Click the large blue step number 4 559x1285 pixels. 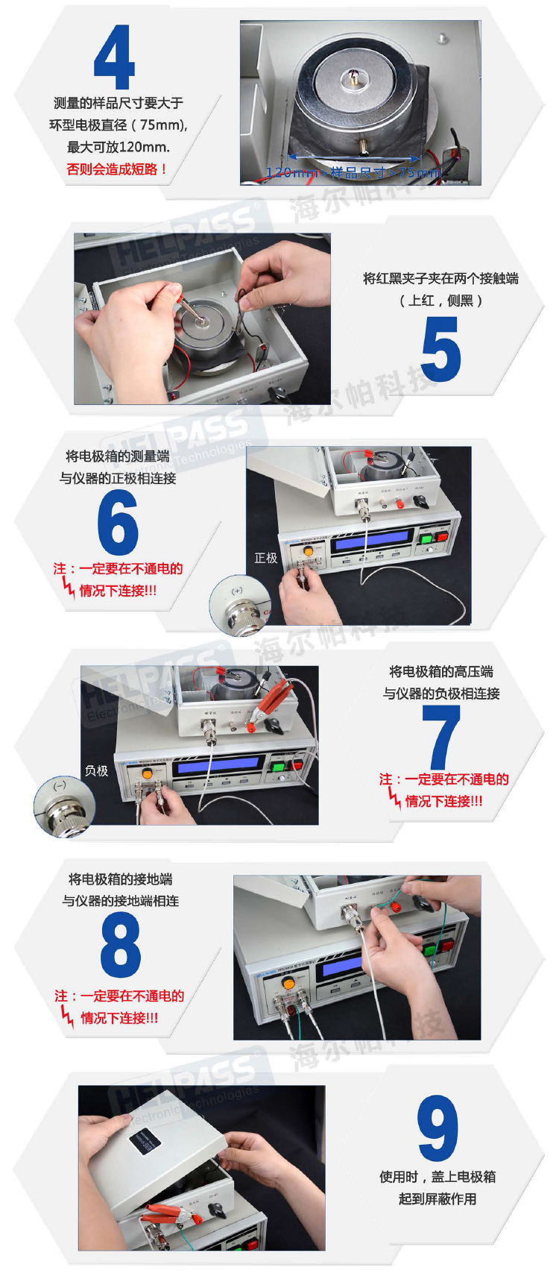pyautogui.click(x=114, y=57)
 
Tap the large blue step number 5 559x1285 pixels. pyautogui.click(x=440, y=349)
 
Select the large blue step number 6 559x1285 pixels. pyautogui.click(x=118, y=523)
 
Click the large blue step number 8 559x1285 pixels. pyautogui.click(x=120, y=945)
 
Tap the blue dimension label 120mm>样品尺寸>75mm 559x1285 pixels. pyautogui.click(x=353, y=173)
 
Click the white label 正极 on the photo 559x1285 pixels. pyautogui.click(x=266, y=558)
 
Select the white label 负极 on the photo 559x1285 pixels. pyautogui.click(x=96, y=770)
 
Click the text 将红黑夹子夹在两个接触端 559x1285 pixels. pyautogui.click(x=440, y=278)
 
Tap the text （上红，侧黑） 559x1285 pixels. pyautogui.click(x=440, y=301)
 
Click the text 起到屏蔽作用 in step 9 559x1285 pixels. pyautogui.click(x=438, y=1198)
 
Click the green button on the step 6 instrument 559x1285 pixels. pyautogui.click(x=426, y=538)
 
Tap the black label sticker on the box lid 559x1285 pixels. pyautogui.click(x=147, y=1142)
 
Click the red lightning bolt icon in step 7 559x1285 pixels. pyautogui.click(x=394, y=798)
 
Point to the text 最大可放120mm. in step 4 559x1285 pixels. pyautogui.click(x=118, y=147)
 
